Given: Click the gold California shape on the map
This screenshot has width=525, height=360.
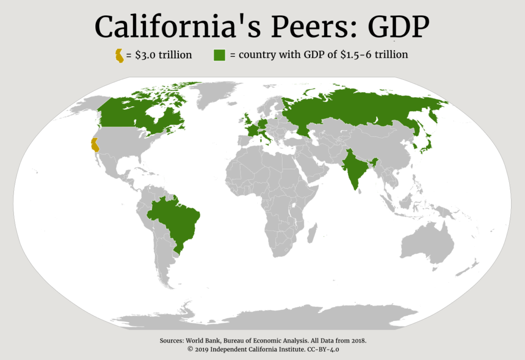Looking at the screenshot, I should [94, 145].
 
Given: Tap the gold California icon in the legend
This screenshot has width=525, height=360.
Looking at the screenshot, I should [119, 55].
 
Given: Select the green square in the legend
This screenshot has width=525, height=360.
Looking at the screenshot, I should [220, 55].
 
